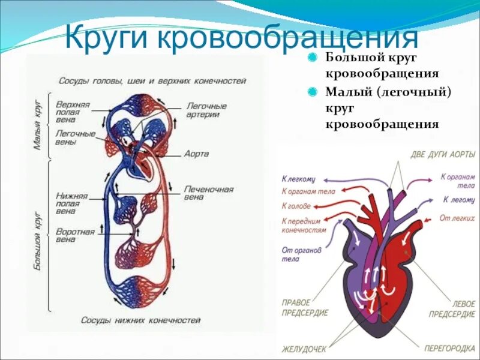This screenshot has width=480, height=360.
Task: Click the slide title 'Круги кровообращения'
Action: (240, 37)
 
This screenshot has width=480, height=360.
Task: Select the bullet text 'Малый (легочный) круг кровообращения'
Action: (387, 108)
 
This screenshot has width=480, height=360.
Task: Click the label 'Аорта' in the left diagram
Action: (197, 154)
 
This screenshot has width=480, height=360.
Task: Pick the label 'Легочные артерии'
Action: (206, 109)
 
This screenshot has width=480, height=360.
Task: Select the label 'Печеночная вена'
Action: (208, 193)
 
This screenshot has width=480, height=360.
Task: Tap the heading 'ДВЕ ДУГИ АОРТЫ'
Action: (443, 154)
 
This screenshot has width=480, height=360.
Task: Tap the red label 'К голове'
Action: (296, 205)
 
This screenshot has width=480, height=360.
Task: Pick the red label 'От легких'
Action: (453, 217)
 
